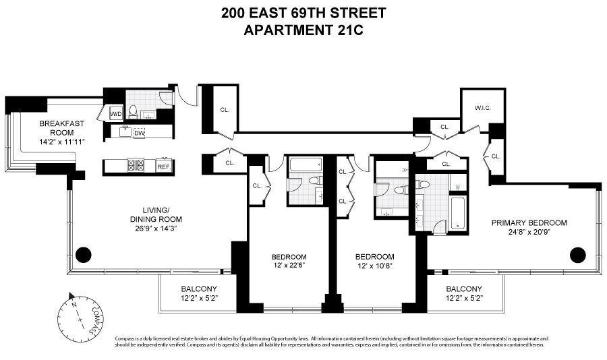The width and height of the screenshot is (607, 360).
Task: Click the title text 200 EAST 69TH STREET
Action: (303, 12)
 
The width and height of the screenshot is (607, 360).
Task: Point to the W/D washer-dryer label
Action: (115, 114)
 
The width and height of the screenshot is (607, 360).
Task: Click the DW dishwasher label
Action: (139, 133)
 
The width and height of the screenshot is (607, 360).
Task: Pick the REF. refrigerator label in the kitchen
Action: (163, 167)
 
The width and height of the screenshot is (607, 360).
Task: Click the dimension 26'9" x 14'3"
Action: (156, 229)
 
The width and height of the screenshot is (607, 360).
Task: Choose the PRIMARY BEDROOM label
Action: (529, 222)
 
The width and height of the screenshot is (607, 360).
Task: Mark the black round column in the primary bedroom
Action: (578, 254)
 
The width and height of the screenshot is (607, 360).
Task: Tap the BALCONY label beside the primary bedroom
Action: (464, 288)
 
